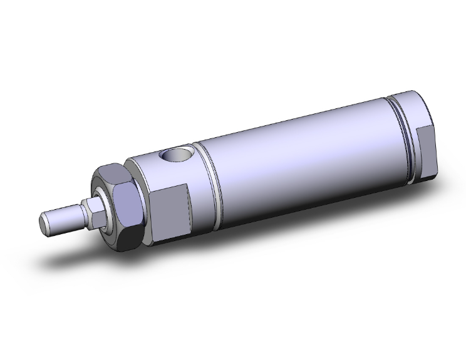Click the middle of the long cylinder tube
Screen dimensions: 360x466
[301, 157]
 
